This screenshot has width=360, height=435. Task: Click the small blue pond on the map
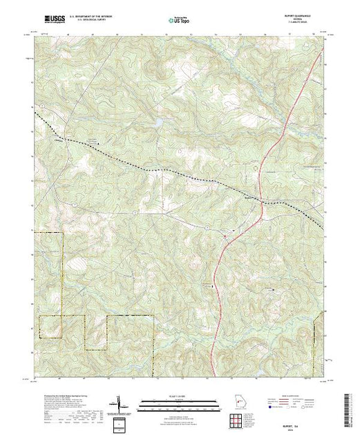[x=158, y=122]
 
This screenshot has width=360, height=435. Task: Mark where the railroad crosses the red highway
[x=260, y=199]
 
